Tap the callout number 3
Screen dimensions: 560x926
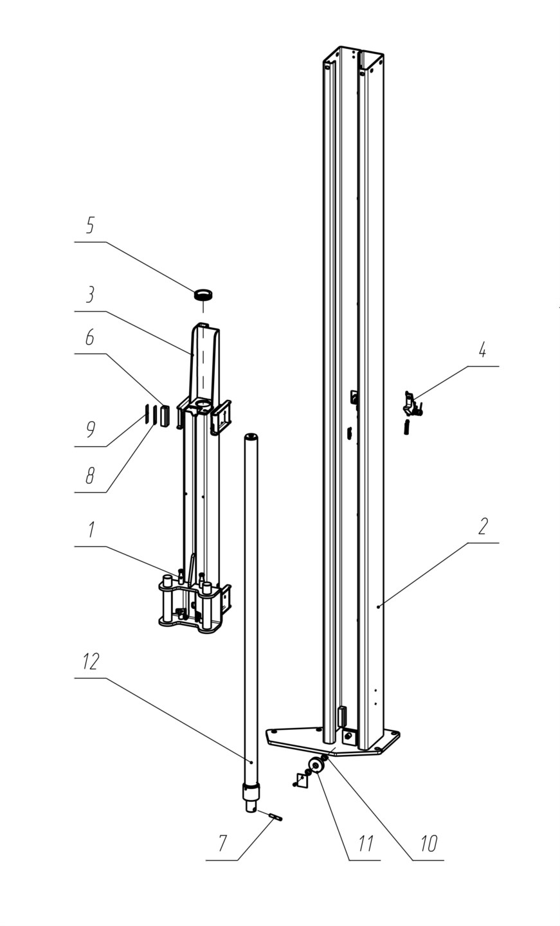click(90, 294)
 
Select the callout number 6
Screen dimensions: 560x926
click(90, 338)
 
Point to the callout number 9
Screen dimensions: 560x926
click(91, 429)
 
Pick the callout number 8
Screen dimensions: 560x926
click(90, 475)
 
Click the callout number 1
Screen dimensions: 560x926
click(91, 530)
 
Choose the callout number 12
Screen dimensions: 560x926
click(91, 662)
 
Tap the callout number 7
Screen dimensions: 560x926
click(222, 843)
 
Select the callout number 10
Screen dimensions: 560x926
click(429, 843)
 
